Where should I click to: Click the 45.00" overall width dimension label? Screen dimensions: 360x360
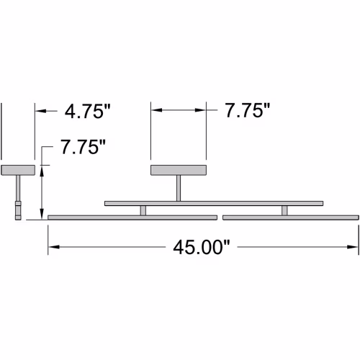pos(202,248)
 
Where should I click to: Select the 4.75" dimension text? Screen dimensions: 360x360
pos(88,112)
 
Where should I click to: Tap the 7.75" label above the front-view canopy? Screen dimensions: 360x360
pos(248,110)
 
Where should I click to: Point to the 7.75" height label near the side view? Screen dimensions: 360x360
pos(83,147)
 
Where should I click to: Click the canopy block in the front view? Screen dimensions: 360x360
pos(179,170)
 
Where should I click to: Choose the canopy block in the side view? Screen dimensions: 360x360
pos(18,170)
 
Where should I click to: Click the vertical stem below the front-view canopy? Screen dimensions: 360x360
pos(179,188)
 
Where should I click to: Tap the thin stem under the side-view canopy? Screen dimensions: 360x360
pos(18,188)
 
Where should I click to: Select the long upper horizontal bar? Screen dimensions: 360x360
pos(214,204)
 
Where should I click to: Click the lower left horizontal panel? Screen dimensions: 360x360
pos(132,217)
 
